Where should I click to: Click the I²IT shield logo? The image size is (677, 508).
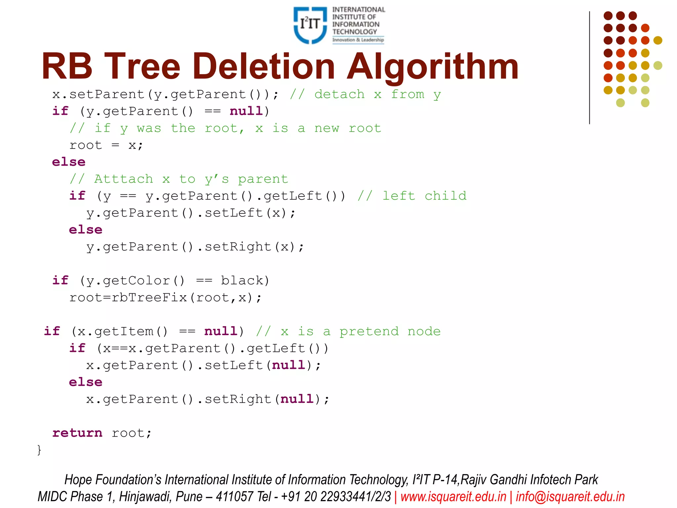[310, 25]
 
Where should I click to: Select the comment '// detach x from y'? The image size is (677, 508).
[365, 95]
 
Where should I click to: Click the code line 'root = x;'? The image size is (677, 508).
[106, 145]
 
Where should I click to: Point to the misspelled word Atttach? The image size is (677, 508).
[124, 179]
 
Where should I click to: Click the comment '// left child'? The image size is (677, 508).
[412, 196]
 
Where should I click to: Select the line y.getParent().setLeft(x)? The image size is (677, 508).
[191, 213]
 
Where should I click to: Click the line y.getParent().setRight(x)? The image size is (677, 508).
[195, 247]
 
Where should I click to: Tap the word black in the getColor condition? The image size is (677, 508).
[242, 280]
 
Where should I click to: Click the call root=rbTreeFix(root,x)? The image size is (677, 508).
[165, 298]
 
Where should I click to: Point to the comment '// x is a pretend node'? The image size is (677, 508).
[348, 331]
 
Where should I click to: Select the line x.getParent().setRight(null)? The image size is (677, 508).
[208, 399]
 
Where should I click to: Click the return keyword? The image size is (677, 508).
[77, 433]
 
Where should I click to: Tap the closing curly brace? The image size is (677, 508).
[39, 450]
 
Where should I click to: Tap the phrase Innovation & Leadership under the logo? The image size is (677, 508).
[358, 40]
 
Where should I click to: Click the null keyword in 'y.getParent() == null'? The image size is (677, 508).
[246, 111]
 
